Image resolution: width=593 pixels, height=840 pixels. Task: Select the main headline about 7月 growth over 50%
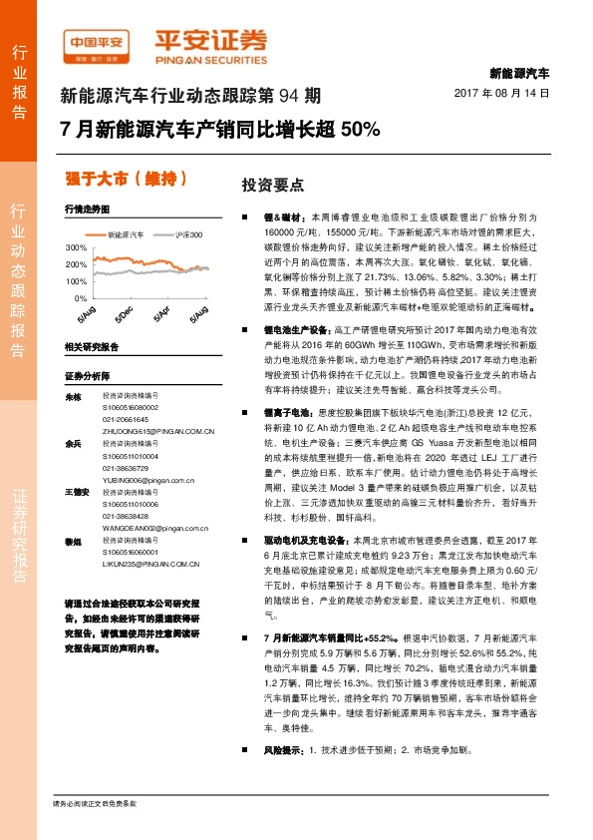[220, 130]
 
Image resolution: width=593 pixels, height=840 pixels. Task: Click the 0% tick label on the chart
[81, 298]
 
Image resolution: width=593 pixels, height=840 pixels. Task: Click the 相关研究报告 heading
[91, 346]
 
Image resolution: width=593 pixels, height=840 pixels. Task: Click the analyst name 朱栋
[71, 396]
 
